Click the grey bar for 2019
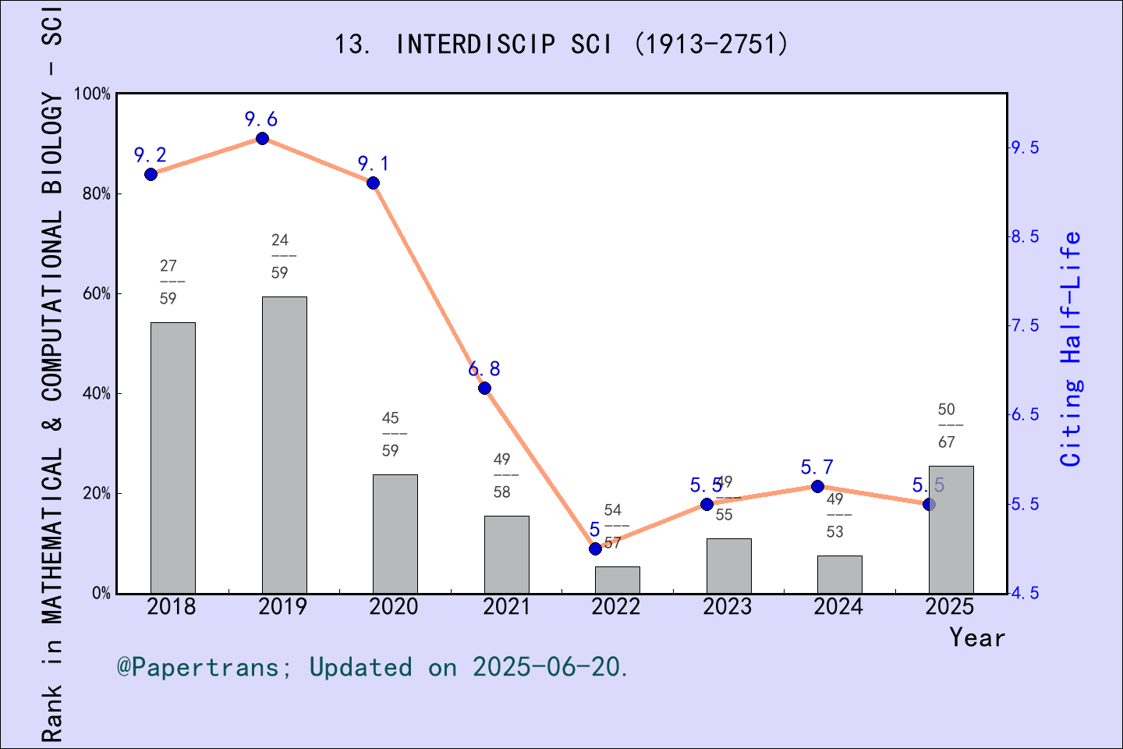click(x=284, y=445)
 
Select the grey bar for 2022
click(x=617, y=580)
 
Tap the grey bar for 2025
click(x=951, y=530)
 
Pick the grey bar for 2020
click(x=395, y=534)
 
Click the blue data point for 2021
click(x=484, y=389)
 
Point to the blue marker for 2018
click(x=151, y=174)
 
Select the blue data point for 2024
click(x=817, y=487)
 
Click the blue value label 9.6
click(x=260, y=119)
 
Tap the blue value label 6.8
click(x=484, y=369)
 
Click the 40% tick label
click(x=97, y=394)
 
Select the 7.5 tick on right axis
click(x=1025, y=325)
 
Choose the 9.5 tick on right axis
click(x=1025, y=147)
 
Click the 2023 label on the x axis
click(x=727, y=607)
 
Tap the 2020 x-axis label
click(x=394, y=607)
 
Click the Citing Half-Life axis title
click(x=1072, y=349)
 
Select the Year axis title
click(x=977, y=637)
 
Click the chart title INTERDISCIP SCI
click(x=561, y=44)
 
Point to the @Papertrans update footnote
click(x=373, y=667)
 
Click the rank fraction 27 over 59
click(x=168, y=282)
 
